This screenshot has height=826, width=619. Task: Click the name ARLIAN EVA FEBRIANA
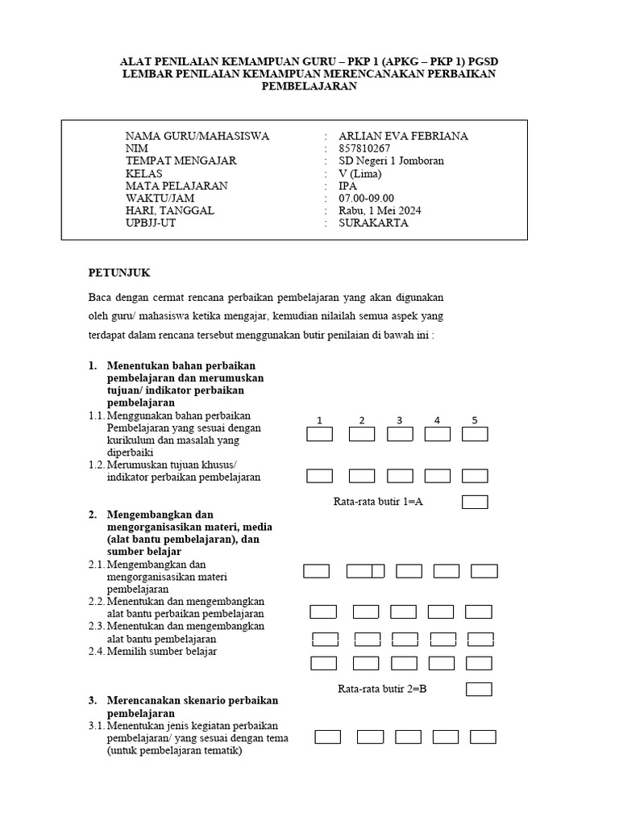(403, 136)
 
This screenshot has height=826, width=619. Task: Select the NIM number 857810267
(364, 148)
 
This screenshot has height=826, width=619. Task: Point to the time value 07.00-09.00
(367, 198)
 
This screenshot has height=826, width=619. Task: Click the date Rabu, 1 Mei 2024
(380, 211)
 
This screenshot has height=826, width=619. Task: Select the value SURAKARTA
(373, 223)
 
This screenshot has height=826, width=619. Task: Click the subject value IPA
(348, 186)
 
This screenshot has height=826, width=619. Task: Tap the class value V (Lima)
(360, 173)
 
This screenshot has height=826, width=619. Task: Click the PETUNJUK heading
(119, 273)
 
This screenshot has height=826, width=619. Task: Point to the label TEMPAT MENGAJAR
(181, 161)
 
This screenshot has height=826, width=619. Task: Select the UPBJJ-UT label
(150, 223)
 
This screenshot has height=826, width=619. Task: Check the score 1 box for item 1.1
(320, 434)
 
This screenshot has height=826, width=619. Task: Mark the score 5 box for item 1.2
(475, 476)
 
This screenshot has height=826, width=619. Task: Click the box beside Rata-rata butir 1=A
(475, 502)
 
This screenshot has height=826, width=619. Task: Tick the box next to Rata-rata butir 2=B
(479, 689)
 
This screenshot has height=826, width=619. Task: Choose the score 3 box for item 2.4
(404, 663)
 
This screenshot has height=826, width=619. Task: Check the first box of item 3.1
(327, 736)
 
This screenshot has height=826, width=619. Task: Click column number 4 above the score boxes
(437, 420)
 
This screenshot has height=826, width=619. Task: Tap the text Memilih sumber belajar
(161, 651)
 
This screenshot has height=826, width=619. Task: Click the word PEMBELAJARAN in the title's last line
(309, 86)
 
